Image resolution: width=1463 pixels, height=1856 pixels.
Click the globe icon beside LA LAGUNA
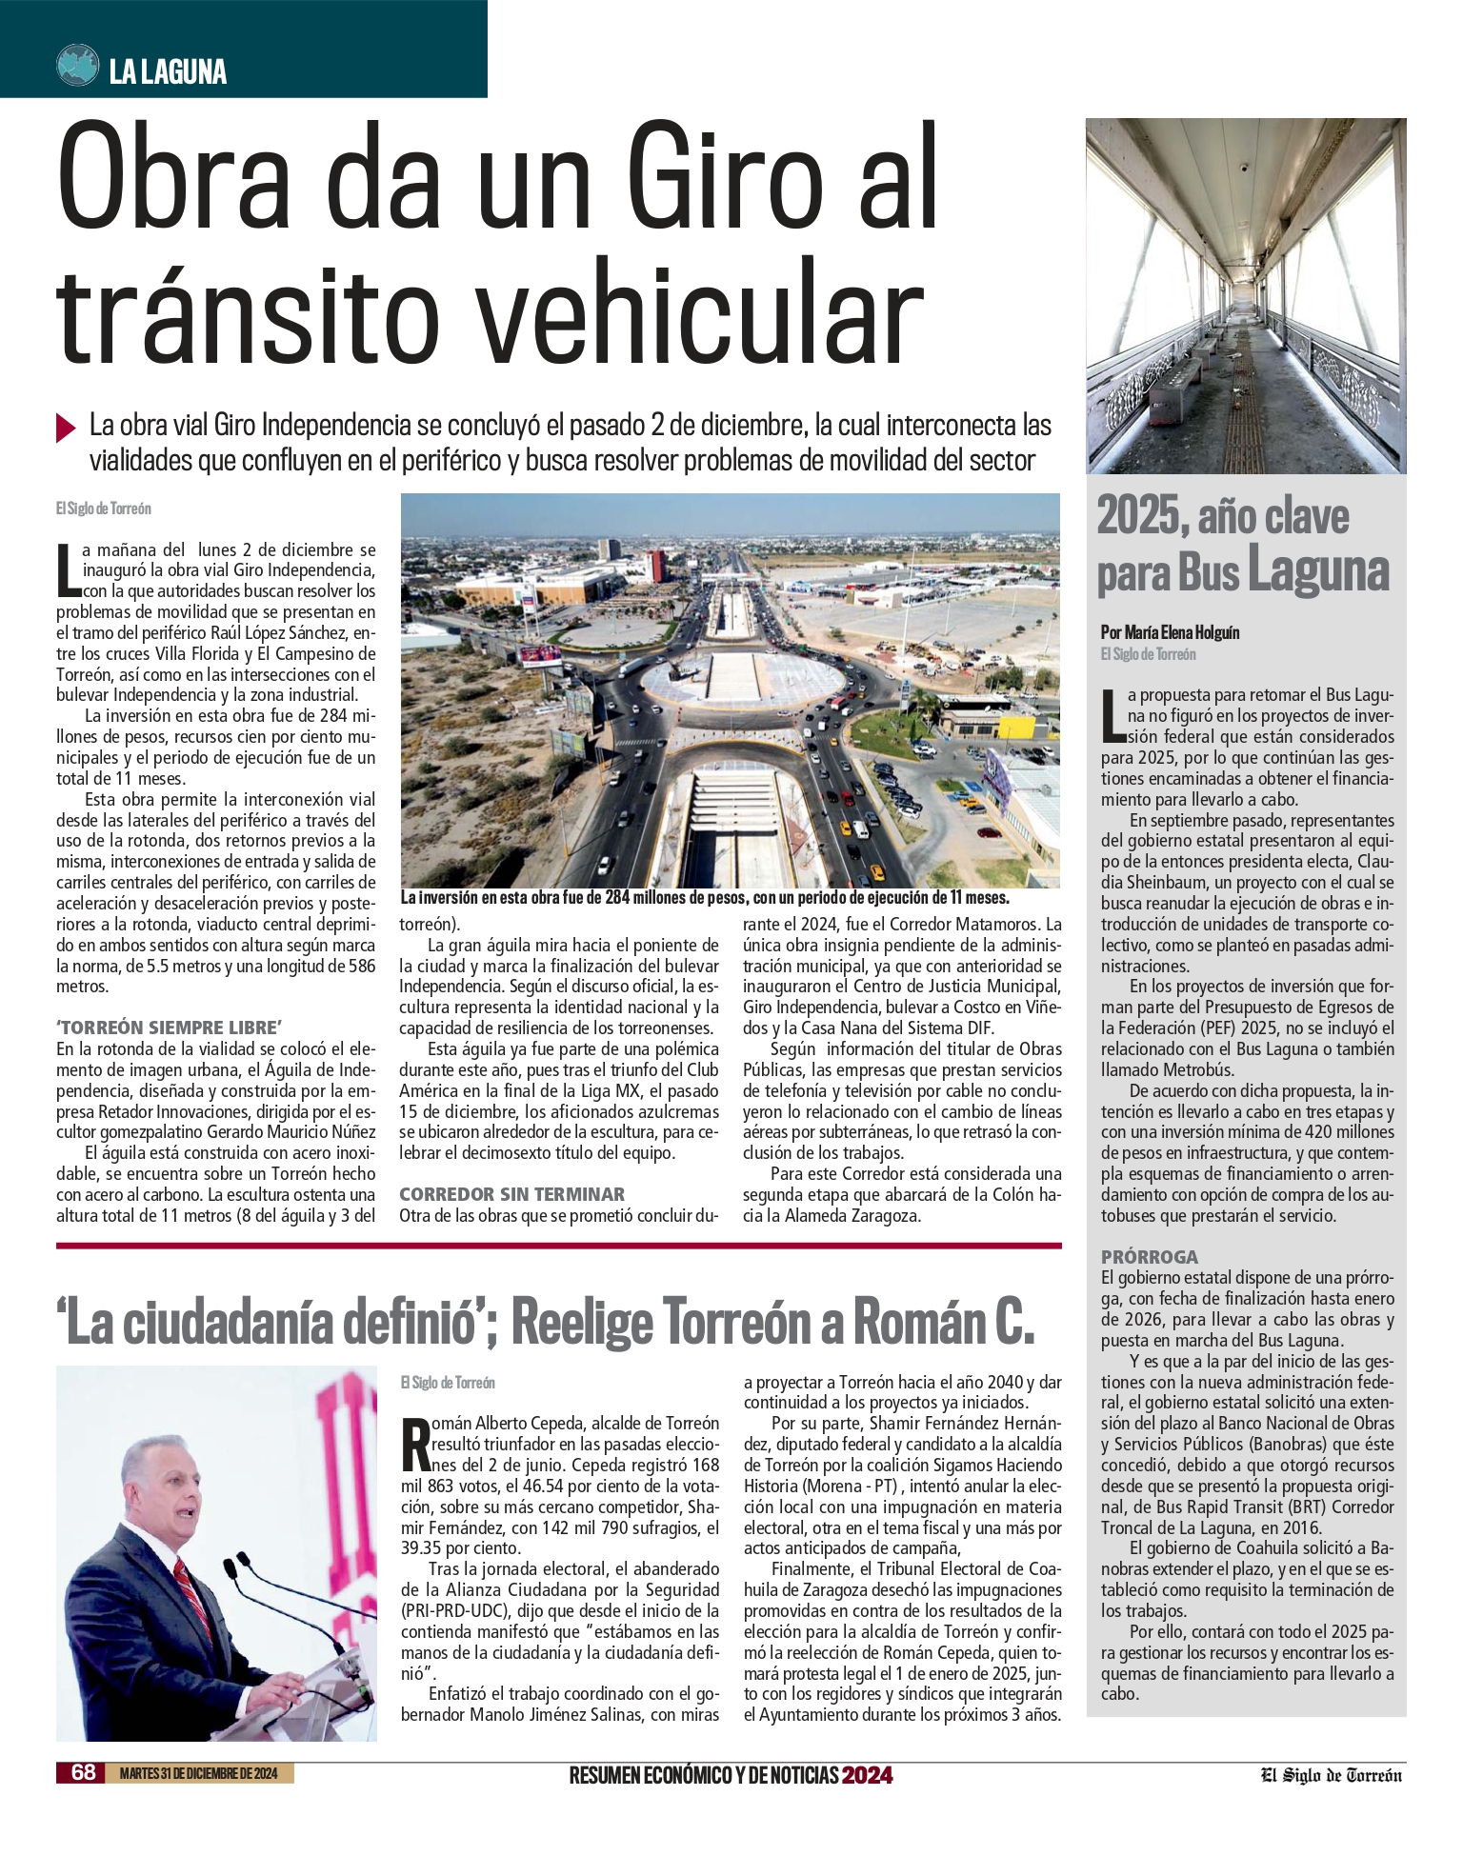[78, 66]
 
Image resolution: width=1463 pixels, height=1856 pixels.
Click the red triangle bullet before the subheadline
[66, 428]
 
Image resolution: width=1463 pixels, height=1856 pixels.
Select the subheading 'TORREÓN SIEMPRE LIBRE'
[169, 1028]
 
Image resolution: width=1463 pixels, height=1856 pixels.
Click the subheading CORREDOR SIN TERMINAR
[511, 1194]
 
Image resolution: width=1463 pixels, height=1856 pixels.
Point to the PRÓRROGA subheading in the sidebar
[1149, 1257]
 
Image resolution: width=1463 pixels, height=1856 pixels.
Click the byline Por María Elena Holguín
[1170, 632]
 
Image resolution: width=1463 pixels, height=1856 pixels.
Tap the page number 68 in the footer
[84, 1772]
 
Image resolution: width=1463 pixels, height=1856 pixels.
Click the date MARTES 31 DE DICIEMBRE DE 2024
[199, 1773]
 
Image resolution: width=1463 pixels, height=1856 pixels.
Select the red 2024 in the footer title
[867, 1775]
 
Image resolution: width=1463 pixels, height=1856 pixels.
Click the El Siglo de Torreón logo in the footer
[1332, 1775]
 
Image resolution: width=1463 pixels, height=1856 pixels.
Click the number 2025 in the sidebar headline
[1138, 516]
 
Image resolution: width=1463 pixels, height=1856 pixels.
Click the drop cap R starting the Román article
[415, 1446]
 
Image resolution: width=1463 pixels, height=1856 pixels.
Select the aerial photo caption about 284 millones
[704, 898]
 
